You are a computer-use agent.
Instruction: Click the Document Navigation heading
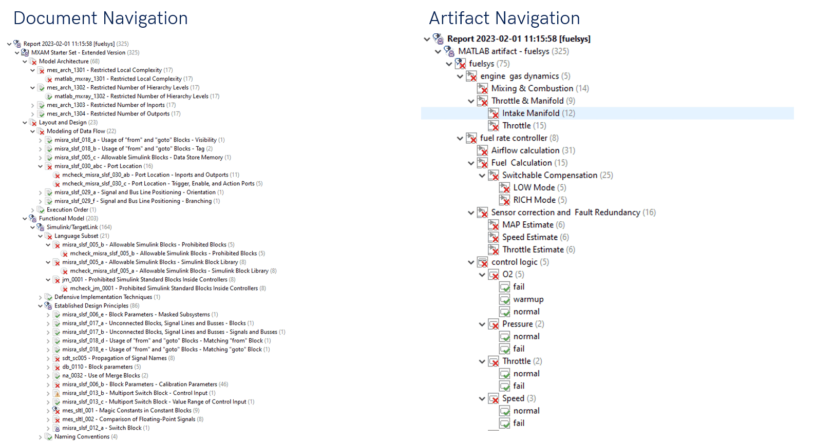point(101,18)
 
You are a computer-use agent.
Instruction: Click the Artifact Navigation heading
point(504,18)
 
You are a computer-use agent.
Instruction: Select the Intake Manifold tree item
point(530,113)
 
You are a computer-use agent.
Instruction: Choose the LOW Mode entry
point(534,187)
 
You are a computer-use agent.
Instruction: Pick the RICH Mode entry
point(534,200)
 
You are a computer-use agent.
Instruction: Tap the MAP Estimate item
point(527,225)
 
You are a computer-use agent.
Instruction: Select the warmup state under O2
point(528,299)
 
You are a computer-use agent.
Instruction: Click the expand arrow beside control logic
point(471,262)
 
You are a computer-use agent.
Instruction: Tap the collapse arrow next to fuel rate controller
point(460,138)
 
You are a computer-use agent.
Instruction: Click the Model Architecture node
point(64,61)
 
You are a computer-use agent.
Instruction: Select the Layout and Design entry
point(63,122)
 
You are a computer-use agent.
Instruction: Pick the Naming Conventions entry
point(82,437)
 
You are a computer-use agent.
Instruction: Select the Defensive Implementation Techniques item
point(103,297)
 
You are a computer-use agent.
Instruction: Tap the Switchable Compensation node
point(549,175)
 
